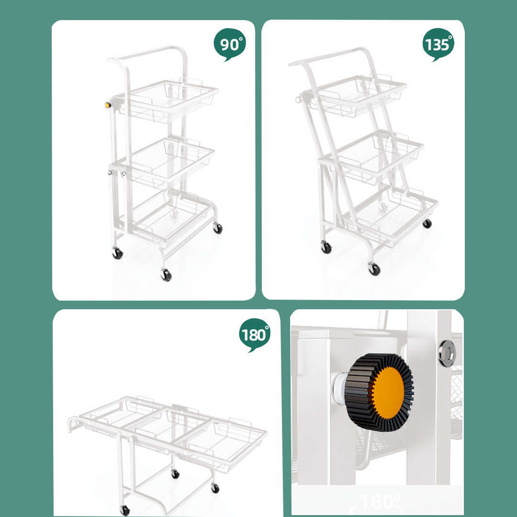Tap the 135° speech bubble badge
[438, 45]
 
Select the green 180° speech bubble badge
[254, 335]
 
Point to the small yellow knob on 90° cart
[108, 105]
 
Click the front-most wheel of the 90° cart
[166, 275]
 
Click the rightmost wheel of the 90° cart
[218, 228]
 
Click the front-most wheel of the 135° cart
[374, 270]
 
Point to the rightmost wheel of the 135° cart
[427, 223]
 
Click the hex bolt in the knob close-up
[447, 353]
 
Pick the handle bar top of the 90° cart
[148, 52]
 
